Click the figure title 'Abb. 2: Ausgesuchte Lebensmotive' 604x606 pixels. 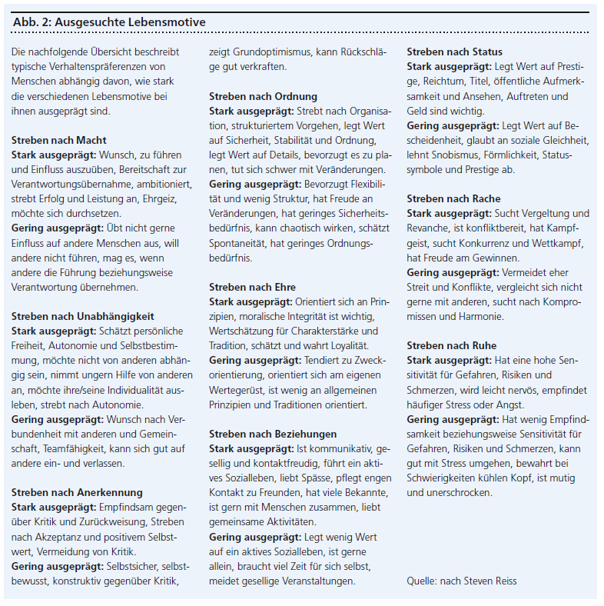[x=109, y=22]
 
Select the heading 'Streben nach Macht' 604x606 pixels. [x=59, y=140]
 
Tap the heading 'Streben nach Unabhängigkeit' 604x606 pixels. [x=83, y=316]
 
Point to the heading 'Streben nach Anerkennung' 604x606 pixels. [x=77, y=492]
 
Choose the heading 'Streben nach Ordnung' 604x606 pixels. [x=264, y=96]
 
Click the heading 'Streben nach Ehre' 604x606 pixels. [x=252, y=287]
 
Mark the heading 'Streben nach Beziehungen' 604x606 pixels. [x=273, y=434]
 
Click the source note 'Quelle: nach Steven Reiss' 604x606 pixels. [x=463, y=581]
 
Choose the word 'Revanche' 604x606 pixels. [x=428, y=228]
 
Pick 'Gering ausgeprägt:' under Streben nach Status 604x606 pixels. [x=452, y=125]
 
